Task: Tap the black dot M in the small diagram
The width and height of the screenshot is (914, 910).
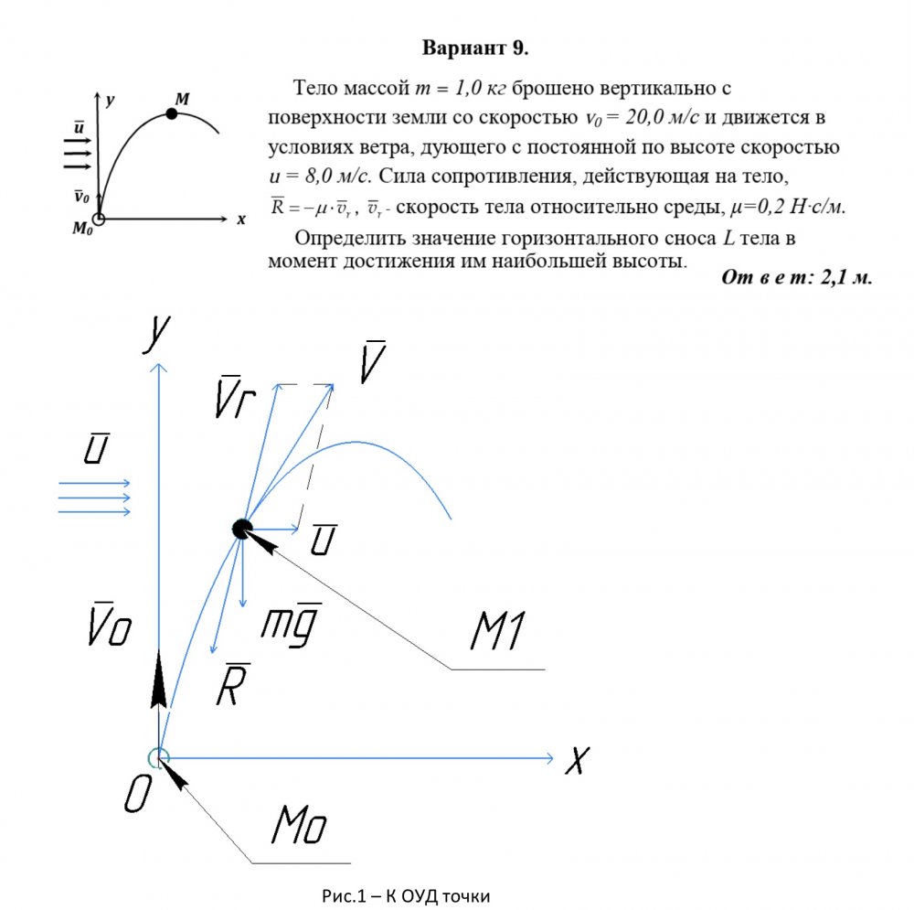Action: pos(171,113)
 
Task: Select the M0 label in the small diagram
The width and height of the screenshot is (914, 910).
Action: pos(83,230)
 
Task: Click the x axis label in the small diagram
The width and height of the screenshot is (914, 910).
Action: pos(241,219)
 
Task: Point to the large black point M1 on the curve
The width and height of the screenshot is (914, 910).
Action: pos(241,528)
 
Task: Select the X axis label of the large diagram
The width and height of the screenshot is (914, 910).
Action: pos(576,760)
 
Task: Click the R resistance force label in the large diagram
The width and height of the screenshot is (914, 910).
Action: pos(228,683)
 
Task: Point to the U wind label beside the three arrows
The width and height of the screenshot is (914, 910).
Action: pos(92,448)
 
